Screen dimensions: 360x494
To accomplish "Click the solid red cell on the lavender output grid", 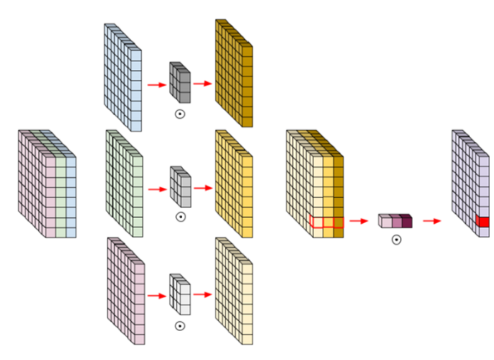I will coord(482,222).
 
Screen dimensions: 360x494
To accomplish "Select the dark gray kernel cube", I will coord(180,83).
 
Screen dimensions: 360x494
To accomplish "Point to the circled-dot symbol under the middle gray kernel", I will coord(180,217).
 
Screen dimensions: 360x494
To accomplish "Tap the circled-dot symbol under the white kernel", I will coord(179,326).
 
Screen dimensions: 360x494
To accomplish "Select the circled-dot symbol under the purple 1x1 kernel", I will coord(396,240).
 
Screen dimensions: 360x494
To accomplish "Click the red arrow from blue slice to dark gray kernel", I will coord(157,85).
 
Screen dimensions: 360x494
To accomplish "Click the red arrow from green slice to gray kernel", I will coord(157,189).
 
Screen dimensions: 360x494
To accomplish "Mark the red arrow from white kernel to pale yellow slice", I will coord(203,294).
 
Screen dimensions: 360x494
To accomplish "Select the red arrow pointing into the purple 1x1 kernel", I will coord(359,221).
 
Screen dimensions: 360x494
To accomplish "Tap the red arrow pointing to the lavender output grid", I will coord(432,221).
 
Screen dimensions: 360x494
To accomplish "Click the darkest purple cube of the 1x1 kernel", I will coord(406,221).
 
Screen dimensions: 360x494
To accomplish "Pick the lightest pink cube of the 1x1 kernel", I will coord(384,221).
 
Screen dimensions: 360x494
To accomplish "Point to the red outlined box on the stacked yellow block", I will coord(327,222).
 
